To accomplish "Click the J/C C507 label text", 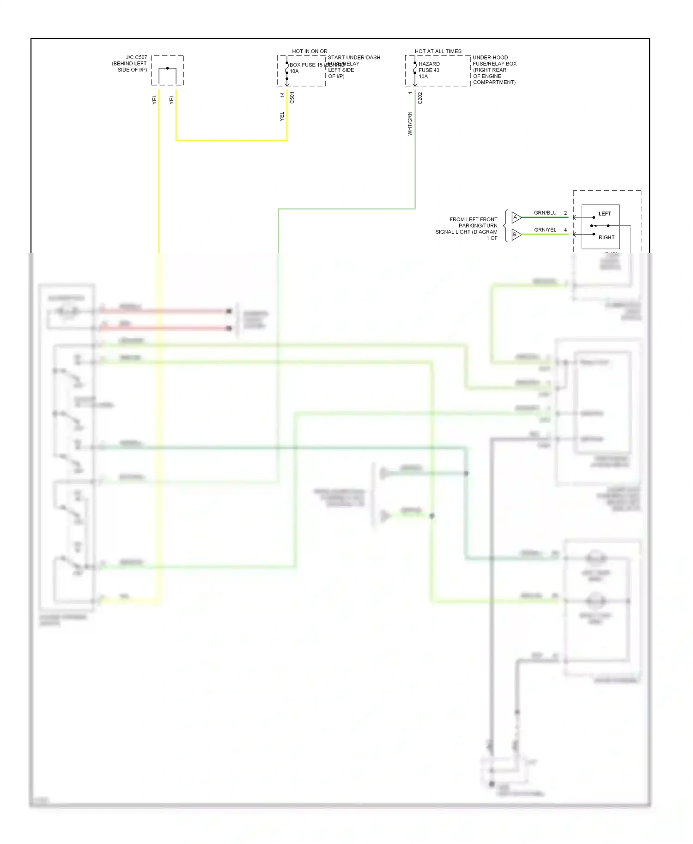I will click(136, 58).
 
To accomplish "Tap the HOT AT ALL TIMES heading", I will click(438, 51).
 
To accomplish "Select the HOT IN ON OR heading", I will click(310, 51).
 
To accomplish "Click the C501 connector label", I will click(292, 98).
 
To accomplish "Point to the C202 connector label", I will click(420, 98).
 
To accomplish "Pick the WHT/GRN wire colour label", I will click(410, 123).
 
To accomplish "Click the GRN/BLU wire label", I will click(545, 213).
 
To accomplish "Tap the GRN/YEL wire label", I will click(545, 230).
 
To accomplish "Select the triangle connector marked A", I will click(516, 217).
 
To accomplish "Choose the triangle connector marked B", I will click(516, 235).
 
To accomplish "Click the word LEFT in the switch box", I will click(604, 214).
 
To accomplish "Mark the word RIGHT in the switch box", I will click(606, 237).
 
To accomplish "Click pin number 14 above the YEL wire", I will click(282, 95).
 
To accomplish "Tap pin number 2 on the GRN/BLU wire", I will click(565, 213).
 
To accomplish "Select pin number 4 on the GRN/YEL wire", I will click(565, 230).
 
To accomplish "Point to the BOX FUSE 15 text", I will click(306, 65).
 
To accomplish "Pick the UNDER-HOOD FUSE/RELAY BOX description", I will click(494, 70).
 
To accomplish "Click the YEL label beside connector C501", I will click(282, 117).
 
